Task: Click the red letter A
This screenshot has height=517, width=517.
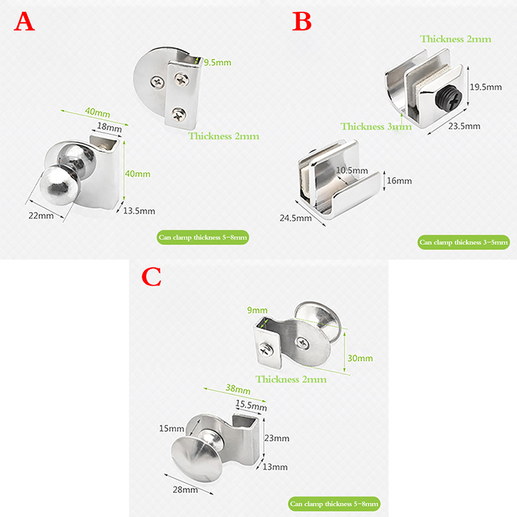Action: [x=24, y=22]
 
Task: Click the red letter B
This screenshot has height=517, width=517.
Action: [x=302, y=22]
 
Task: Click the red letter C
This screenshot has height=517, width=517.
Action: [x=151, y=277]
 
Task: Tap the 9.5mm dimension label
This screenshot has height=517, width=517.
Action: [x=217, y=62]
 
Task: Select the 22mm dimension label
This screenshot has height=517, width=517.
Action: [x=41, y=216]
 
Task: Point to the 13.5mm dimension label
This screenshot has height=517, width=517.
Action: [x=139, y=211]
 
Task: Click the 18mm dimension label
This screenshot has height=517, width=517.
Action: [x=109, y=127]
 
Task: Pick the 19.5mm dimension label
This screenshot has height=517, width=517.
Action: [x=486, y=87]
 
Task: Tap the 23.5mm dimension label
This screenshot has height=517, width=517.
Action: [x=464, y=126]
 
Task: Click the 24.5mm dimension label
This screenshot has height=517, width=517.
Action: [x=295, y=218]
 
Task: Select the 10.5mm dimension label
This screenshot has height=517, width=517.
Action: [x=352, y=171]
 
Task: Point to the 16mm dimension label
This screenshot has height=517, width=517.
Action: [x=399, y=181]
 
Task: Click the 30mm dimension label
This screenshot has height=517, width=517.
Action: [x=360, y=358]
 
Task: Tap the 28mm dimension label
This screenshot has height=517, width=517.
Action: [x=185, y=490]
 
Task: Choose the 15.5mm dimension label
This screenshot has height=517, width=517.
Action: [x=251, y=405]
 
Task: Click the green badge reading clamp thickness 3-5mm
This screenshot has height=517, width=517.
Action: [x=463, y=242]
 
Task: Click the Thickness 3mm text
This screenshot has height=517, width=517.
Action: [x=376, y=127]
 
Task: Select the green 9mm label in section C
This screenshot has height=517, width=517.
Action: [x=257, y=310]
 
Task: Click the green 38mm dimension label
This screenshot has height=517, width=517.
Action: [x=238, y=389]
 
